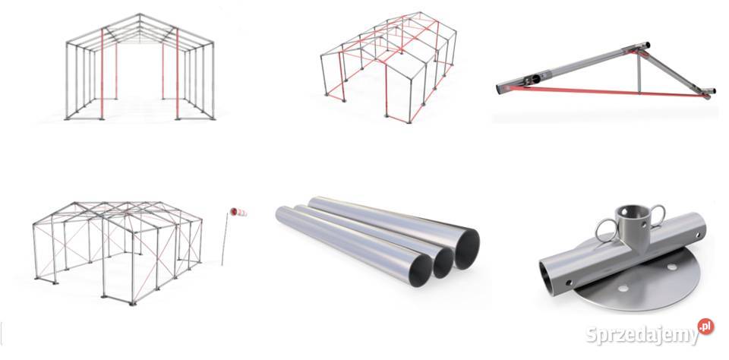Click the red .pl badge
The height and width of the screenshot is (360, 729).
705,327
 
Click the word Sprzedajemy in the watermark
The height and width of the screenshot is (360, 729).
642,335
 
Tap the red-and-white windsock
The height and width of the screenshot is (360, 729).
238,212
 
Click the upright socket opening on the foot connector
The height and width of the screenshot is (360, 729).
632,212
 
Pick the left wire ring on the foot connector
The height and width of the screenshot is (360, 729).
606,230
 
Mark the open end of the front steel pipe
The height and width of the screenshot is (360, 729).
420,270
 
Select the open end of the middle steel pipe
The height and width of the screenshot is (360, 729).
443,263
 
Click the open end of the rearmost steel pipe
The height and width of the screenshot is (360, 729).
467,249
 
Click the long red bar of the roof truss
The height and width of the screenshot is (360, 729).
605,91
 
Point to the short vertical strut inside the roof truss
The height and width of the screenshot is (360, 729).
639,74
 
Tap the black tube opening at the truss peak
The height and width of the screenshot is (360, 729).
646,46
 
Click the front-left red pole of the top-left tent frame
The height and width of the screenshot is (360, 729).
102,74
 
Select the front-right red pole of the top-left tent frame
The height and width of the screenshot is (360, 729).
177,74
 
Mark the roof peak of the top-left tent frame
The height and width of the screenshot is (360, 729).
140,15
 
